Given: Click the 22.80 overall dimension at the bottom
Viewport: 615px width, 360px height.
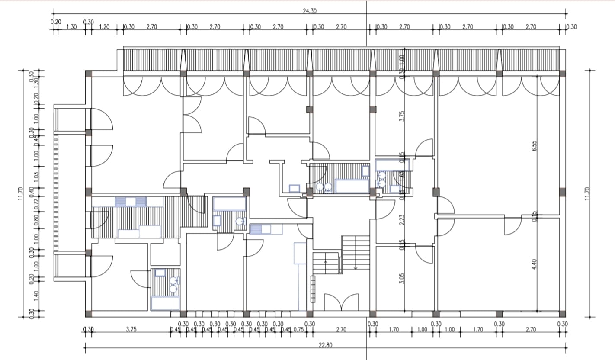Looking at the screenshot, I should [x=326, y=346].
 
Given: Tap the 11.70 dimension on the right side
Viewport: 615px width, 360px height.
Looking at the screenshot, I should [x=587, y=194].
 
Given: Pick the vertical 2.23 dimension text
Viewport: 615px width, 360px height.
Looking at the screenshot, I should [x=402, y=220].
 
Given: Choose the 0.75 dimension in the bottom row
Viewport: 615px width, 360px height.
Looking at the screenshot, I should [x=298, y=330].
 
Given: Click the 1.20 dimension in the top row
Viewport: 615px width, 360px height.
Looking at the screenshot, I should [x=104, y=27].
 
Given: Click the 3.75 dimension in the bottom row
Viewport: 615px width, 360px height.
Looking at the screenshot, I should [x=131, y=330].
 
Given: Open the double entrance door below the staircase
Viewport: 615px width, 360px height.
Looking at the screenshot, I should [x=341, y=302].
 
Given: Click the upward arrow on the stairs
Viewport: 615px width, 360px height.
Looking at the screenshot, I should [x=326, y=261].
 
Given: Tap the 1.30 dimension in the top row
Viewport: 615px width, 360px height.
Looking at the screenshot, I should [x=71, y=27].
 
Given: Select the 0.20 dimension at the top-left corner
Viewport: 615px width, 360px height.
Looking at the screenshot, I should [x=56, y=22].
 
